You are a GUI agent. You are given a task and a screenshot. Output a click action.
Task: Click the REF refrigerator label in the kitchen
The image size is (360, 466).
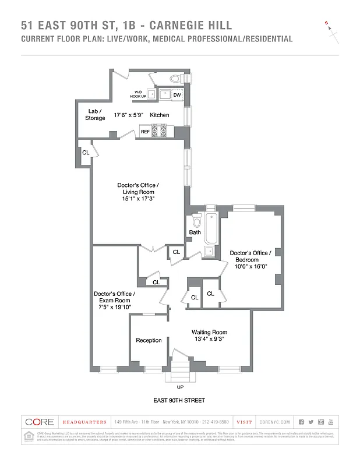145,132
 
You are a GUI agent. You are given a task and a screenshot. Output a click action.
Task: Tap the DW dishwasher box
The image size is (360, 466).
177,94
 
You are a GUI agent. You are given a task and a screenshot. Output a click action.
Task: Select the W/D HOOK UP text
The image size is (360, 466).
138,94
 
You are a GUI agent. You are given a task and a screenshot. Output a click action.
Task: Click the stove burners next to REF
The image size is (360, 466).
160,131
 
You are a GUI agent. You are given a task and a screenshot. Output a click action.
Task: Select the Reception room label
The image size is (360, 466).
149,340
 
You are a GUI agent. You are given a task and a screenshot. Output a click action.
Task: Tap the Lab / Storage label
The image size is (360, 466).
96,114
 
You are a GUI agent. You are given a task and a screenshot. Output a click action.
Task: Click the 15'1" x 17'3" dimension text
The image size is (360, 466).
137,199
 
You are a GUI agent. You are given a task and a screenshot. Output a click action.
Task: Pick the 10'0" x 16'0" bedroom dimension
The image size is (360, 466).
250,267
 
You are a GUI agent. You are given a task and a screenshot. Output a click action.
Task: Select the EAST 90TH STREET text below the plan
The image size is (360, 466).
179,401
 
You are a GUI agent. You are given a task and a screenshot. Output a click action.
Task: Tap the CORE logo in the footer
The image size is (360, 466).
40,422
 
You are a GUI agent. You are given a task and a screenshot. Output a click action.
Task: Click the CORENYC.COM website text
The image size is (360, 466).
276,422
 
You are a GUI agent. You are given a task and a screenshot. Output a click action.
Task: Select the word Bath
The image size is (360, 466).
195,232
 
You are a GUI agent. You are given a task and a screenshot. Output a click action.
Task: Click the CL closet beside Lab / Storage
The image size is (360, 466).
86,152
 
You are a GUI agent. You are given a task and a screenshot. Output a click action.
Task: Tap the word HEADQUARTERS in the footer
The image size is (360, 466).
84,422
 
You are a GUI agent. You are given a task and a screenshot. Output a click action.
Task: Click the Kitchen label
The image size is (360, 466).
160,115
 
